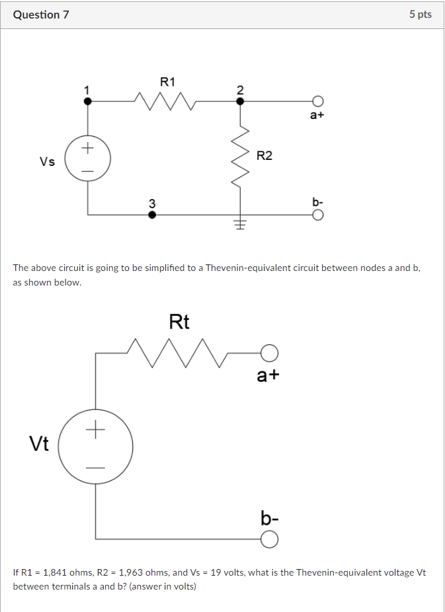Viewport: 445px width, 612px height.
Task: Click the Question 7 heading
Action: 41,15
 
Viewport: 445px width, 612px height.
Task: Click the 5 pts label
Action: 420,15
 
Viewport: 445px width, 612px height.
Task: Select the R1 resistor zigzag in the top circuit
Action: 165,101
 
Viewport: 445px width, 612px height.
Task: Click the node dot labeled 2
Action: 240,101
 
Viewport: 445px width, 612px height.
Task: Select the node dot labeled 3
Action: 152,215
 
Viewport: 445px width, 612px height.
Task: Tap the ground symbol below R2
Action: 240,225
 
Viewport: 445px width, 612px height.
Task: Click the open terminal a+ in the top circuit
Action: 318,101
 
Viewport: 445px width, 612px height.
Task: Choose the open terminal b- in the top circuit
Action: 318,215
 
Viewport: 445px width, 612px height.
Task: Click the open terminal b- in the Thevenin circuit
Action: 268,541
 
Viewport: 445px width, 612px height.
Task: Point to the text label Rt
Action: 179,322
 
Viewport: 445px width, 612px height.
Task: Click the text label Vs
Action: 47,161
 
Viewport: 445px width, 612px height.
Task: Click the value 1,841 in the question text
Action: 57,572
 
